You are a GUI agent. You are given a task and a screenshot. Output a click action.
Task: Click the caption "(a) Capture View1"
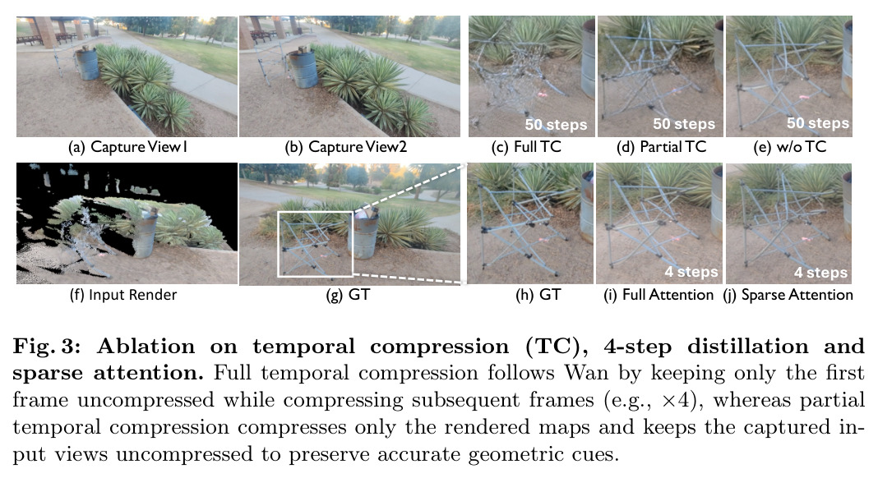pos(127,147)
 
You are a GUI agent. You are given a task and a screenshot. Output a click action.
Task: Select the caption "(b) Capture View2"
pos(345,147)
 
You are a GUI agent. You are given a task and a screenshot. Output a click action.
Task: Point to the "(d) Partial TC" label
pos(661,147)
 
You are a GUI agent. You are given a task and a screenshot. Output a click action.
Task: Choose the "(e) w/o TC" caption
pos(790,147)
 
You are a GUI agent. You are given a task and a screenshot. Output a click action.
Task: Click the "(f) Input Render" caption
pos(123,295)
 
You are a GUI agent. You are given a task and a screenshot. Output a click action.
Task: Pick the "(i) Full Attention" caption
pos(658,295)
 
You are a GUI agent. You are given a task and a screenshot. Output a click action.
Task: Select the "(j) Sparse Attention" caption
pos(788,295)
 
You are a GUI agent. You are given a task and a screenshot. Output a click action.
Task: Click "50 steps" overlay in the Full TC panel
pos(556,124)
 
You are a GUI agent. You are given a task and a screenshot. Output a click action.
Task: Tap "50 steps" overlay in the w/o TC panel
pos(818,123)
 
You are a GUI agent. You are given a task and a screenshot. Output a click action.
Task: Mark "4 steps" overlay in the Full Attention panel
pos(691,272)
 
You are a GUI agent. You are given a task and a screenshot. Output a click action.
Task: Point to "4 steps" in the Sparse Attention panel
pos(821,273)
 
